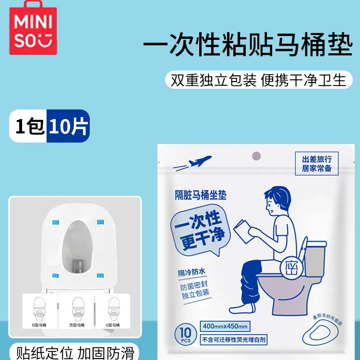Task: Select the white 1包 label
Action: click(x=29, y=126)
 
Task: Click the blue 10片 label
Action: click(x=67, y=126)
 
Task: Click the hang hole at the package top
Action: click(x=256, y=156)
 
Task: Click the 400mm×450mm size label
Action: click(x=225, y=326)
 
